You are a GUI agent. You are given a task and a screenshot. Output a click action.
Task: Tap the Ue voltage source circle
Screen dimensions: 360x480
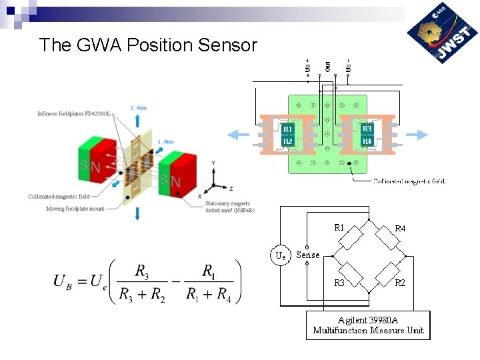(x=281, y=255)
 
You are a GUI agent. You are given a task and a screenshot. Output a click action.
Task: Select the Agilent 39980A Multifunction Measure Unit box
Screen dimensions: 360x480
(x=368, y=325)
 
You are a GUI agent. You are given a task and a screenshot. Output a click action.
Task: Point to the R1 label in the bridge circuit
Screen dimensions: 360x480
(x=339, y=227)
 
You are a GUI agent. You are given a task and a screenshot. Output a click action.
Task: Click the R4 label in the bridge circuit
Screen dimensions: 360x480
(x=400, y=229)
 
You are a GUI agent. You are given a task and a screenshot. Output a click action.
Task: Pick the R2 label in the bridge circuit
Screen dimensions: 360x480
(x=399, y=283)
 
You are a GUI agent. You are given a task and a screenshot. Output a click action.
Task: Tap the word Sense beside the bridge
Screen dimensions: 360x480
(x=308, y=255)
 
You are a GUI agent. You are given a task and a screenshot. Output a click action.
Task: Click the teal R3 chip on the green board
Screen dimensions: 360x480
(x=367, y=129)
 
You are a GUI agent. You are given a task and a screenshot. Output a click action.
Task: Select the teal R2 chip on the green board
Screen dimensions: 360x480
(x=288, y=141)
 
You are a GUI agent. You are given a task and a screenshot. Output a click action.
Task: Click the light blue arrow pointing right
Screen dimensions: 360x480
(x=417, y=135)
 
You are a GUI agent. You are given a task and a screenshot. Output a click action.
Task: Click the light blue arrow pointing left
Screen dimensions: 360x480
(x=238, y=135)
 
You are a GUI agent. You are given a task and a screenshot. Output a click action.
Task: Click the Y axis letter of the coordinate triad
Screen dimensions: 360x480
(x=213, y=163)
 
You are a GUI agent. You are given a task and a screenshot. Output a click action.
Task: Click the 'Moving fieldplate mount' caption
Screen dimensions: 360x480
(x=75, y=209)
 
